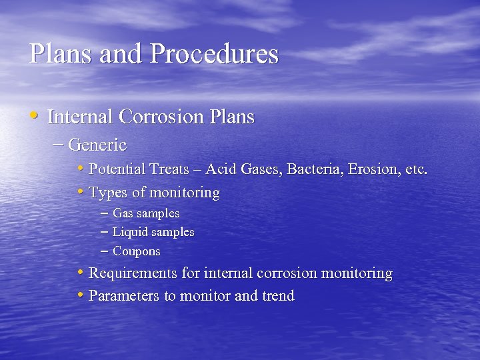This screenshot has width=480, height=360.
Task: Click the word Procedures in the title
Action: pyautogui.click(x=214, y=54)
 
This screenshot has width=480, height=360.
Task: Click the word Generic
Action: pyautogui.click(x=97, y=144)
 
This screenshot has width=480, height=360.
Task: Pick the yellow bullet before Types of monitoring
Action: pyautogui.click(x=80, y=192)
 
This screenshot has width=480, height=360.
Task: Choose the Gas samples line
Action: pyautogui.click(x=146, y=214)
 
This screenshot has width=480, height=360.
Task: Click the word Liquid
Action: pyautogui.click(x=131, y=233)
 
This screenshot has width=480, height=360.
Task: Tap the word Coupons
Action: pyautogui.click(x=137, y=252)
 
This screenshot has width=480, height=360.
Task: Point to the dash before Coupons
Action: pyautogui.click(x=104, y=251)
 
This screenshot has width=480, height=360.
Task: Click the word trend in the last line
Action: pyautogui.click(x=278, y=296)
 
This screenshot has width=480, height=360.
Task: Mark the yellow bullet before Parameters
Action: pyautogui.click(x=80, y=295)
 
